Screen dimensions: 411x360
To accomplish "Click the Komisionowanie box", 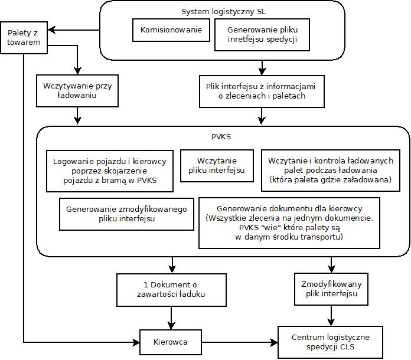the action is point(171,30).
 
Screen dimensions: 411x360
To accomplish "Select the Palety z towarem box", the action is point(24,38).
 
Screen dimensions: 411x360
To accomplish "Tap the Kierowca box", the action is point(171,342).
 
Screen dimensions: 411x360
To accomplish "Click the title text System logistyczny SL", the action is point(223,12).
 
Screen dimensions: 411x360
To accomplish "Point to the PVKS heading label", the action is point(221,136).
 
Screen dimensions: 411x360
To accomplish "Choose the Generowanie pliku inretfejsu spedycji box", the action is point(262,35).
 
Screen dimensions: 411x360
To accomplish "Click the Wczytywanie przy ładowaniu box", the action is point(77,91).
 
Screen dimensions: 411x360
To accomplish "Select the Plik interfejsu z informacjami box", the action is point(262,91).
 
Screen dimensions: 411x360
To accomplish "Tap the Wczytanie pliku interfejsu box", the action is point(217,166).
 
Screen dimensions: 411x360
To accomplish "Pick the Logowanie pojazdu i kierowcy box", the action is point(110,171).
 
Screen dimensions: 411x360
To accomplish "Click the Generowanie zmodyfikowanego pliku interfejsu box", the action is point(126,214).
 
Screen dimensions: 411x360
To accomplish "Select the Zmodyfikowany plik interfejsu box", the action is point(331,289).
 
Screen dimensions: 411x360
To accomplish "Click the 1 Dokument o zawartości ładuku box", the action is point(171,290).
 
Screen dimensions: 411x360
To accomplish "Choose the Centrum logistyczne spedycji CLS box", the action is point(330,342).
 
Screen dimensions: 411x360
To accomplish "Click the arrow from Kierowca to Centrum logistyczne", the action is point(240,342).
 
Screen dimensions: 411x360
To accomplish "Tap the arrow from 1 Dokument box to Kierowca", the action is point(171,318).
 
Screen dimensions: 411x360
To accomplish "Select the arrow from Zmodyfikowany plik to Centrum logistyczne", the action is point(331,316).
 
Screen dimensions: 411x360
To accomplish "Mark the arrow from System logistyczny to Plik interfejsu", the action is point(262,68).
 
